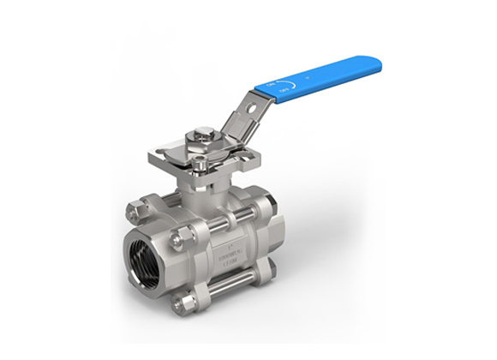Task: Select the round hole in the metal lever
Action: coord(247,108)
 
